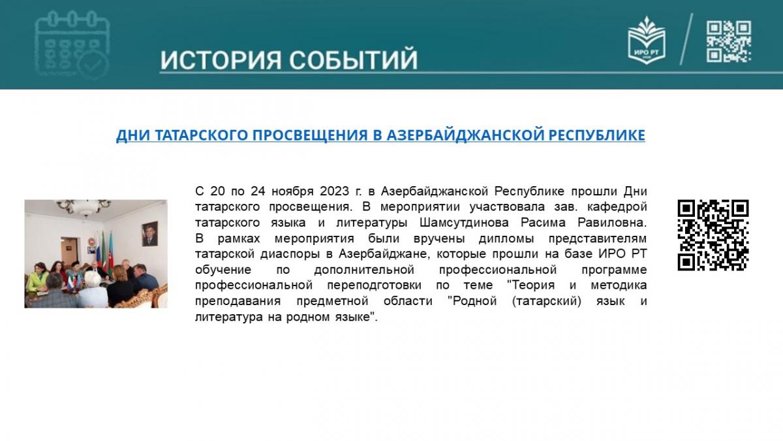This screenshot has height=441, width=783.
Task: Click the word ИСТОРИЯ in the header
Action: (221, 59)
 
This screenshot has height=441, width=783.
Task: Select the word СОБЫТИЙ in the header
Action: (354, 59)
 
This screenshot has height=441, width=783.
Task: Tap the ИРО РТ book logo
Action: (647, 40)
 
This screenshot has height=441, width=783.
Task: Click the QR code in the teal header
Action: (729, 42)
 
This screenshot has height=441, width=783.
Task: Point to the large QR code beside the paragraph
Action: (713, 235)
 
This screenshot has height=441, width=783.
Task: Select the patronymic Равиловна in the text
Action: (612, 223)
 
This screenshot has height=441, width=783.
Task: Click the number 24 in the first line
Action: (258, 191)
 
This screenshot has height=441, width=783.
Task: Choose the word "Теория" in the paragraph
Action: (530, 286)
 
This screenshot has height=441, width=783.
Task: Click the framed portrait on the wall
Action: (150, 233)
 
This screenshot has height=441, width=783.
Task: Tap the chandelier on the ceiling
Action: (84, 207)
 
